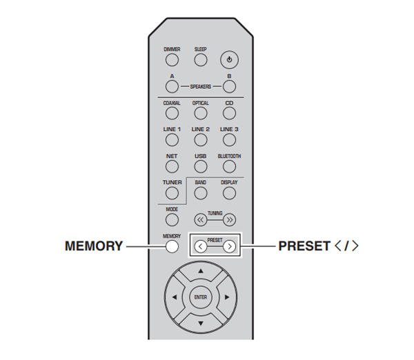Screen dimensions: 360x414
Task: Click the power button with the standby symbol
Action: click(x=229, y=60)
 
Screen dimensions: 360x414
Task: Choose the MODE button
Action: click(x=172, y=219)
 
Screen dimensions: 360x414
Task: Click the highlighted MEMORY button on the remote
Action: click(x=172, y=246)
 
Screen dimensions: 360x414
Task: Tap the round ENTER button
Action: click(x=200, y=298)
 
